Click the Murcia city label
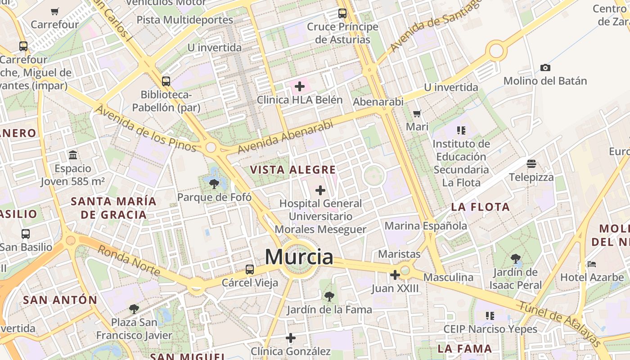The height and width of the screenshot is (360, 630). [x=299, y=257]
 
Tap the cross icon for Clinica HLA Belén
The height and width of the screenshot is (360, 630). [x=300, y=86]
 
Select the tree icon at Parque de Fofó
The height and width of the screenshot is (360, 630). [x=214, y=183]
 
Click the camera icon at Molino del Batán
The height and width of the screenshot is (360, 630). [x=545, y=67]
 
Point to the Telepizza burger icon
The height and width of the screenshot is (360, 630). [x=531, y=163]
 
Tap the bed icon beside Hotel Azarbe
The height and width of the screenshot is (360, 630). [x=592, y=264]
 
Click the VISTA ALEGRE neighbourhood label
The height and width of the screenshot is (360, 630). [x=292, y=170]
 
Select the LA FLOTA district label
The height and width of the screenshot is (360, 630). [x=481, y=207]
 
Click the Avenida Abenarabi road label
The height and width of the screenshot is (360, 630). [x=285, y=137]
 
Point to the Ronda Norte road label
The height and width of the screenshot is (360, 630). [x=129, y=261]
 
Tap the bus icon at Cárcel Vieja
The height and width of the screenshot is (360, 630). [x=250, y=270]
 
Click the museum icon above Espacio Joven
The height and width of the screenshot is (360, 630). [x=73, y=155]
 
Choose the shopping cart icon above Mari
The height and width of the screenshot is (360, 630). [x=417, y=113]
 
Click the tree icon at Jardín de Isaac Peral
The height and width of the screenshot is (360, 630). [x=516, y=259]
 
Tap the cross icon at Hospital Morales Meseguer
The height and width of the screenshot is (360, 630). [x=320, y=190]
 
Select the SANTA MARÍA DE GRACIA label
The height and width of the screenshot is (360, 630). [x=113, y=208]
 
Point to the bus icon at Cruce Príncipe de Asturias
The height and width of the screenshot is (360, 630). [x=342, y=13]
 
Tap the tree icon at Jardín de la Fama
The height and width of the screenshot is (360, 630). [x=329, y=296]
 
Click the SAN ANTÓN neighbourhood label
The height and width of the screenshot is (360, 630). [x=60, y=300]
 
